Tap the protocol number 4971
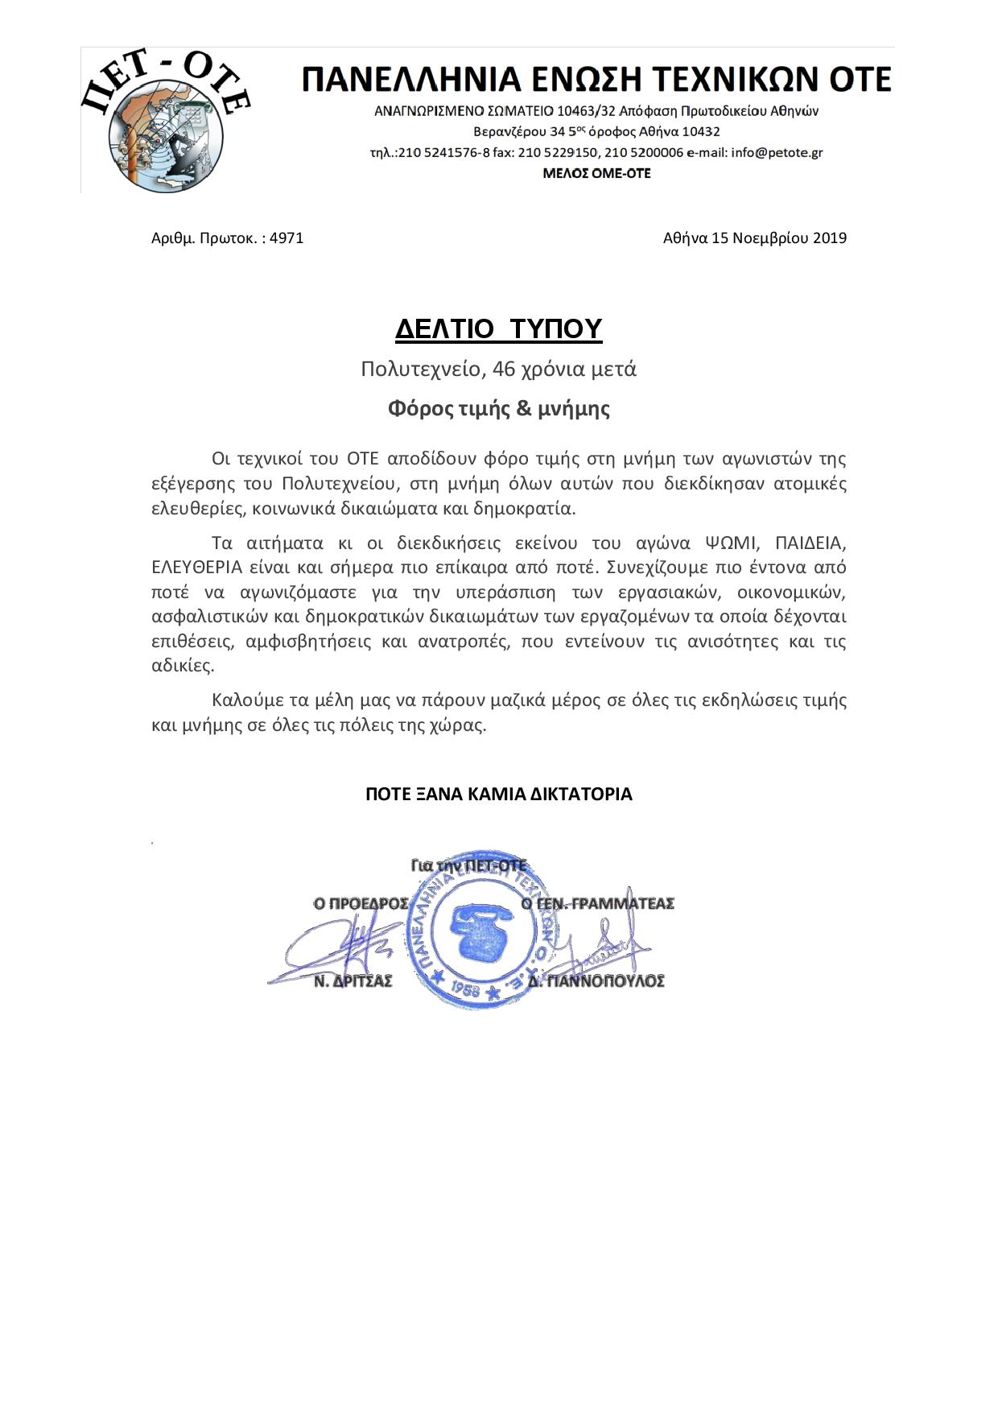coord(287,238)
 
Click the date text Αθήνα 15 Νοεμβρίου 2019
coord(754,238)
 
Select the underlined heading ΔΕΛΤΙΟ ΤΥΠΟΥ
coord(498,329)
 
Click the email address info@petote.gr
coord(777,152)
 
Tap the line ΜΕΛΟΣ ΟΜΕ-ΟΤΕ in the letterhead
coord(596,173)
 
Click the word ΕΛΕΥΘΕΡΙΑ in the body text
coord(196,568)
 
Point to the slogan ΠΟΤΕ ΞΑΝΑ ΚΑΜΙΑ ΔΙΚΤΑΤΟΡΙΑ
coord(498,795)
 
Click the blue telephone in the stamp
coord(480,932)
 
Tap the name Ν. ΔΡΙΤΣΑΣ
coord(353,981)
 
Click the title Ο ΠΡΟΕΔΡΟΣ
coord(361,904)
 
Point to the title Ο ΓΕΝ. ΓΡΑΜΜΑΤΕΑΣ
coord(597,904)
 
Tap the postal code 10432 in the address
coord(700,131)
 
